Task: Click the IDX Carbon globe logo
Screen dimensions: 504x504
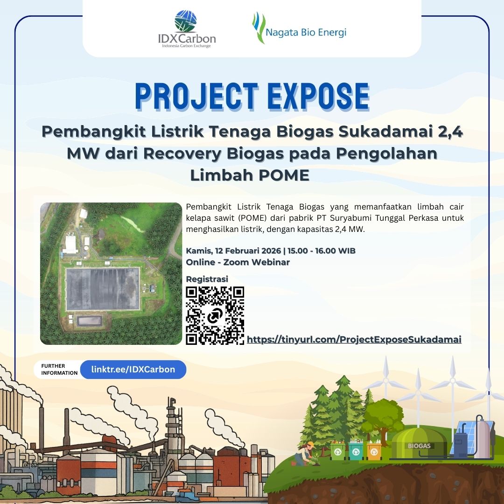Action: [x=185, y=21]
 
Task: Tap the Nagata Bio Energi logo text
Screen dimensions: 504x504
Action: [x=306, y=32]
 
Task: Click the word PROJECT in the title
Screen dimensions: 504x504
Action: [x=197, y=97]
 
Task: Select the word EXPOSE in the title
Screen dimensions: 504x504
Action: [x=318, y=97]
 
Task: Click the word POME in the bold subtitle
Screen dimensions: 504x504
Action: [x=284, y=175]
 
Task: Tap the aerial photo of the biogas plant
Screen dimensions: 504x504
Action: [x=111, y=273]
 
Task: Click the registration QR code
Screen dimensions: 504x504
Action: [x=215, y=315]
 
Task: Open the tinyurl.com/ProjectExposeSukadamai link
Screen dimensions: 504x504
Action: [x=354, y=339]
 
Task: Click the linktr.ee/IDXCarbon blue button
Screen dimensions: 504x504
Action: [x=133, y=369]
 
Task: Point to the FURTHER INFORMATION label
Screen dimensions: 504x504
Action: [x=59, y=369]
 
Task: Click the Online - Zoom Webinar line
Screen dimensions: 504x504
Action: [x=238, y=262]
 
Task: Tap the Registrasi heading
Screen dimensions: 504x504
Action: [x=207, y=279]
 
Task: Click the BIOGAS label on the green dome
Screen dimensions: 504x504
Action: [x=419, y=446]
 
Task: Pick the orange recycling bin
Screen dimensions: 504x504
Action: [x=374, y=451]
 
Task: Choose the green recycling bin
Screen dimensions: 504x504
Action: [x=338, y=451]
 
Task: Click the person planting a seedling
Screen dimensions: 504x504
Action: [x=305, y=454]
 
